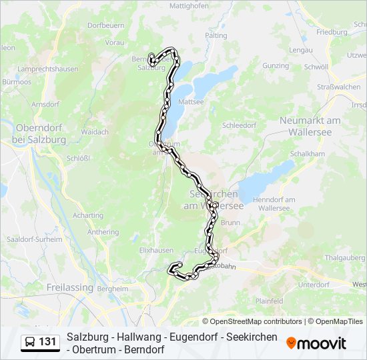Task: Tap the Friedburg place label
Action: click(x=332, y=31)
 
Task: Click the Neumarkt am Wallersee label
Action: click(x=310, y=125)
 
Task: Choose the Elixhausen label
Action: click(x=157, y=250)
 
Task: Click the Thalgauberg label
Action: click(x=344, y=257)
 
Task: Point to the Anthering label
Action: click(x=103, y=232)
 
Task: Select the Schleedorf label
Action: click(x=240, y=125)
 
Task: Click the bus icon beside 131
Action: click(x=30, y=342)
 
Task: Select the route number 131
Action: click(x=47, y=342)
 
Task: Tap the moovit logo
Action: click(x=316, y=343)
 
